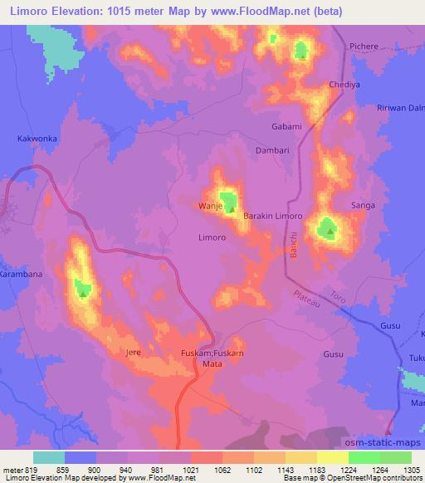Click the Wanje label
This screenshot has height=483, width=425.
tap(210, 205)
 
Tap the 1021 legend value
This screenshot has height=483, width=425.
tap(190, 468)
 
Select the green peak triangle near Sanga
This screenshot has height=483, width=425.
tap(330, 232)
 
